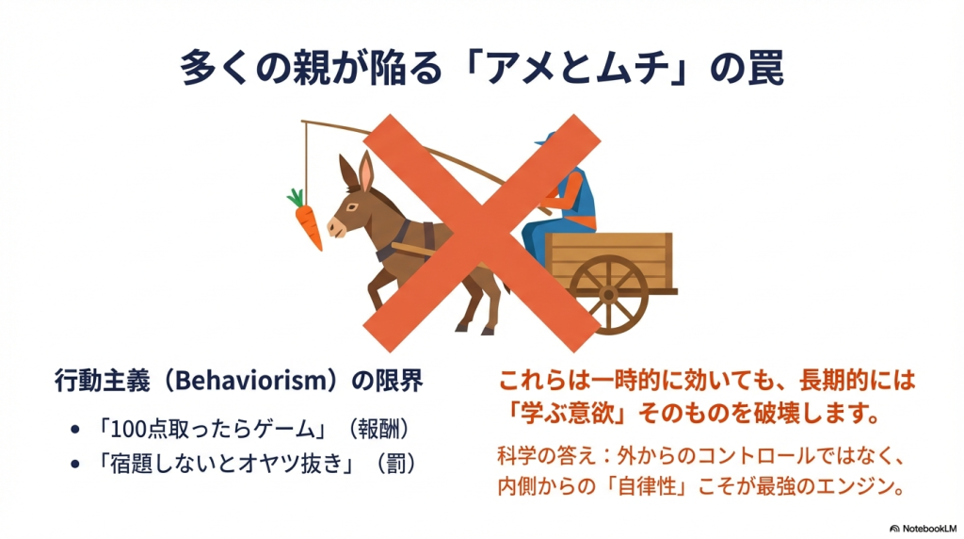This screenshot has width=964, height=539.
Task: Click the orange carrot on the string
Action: [307, 220]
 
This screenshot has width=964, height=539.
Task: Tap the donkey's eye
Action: [352, 207]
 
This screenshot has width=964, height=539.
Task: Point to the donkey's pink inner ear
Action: [366, 173]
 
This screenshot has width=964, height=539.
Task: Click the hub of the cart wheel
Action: [608, 295]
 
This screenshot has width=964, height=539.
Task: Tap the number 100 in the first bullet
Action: [129, 430]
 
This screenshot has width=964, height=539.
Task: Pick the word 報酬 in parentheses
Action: [378, 429]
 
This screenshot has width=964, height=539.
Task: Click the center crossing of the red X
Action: [482, 233]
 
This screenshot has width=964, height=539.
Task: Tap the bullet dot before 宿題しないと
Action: [75, 464]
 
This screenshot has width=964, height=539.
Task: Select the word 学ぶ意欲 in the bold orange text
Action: [568, 413]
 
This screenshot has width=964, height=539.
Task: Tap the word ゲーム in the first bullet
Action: [279, 430]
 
